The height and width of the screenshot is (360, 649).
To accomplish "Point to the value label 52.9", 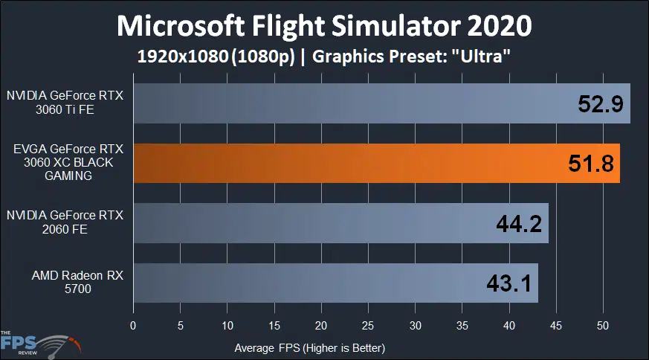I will (x=601, y=104).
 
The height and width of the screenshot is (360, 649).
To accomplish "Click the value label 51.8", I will (x=590, y=164).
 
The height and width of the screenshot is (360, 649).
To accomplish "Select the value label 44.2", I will (x=519, y=223).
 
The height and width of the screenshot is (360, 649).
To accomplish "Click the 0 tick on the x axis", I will (x=133, y=326).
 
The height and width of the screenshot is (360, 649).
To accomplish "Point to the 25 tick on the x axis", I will (x=368, y=326).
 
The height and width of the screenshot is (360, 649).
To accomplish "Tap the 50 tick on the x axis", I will (x=604, y=326).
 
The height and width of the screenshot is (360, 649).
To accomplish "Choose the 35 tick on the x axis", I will (x=462, y=326).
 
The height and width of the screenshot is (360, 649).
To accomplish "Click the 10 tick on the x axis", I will (x=227, y=326).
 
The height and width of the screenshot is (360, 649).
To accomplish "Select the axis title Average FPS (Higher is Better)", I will (x=309, y=347).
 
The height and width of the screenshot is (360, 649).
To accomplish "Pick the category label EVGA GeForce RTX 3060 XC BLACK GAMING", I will (x=67, y=163).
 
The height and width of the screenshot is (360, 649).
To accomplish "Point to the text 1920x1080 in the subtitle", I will (x=181, y=58).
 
